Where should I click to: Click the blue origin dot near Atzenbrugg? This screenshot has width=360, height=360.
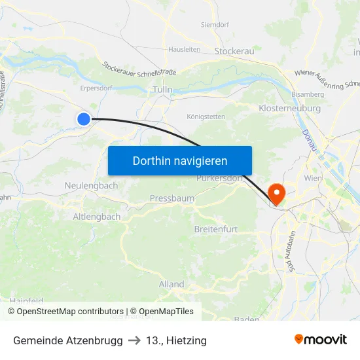84,118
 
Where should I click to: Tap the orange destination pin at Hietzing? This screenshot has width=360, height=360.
278,192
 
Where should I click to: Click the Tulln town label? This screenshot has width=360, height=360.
162,90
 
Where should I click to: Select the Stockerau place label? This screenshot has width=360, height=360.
234,50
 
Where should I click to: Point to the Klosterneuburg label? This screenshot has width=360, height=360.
289,108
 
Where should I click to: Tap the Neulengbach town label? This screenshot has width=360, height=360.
91,185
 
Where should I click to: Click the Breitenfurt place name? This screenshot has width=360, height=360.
216,229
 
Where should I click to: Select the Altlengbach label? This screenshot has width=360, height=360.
97,216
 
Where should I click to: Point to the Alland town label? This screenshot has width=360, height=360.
171,284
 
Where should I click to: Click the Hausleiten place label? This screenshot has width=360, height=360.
184,49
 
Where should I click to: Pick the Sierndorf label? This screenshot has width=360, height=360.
215,26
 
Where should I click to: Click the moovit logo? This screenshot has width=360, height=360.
320,340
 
